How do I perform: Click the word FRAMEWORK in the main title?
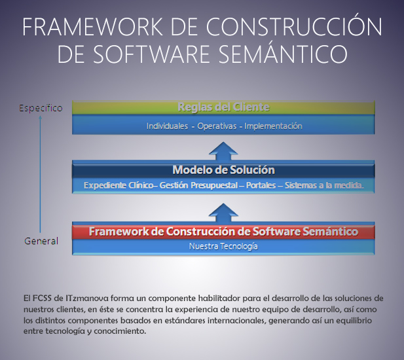coord(92,27)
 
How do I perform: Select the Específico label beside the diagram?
coord(41,108)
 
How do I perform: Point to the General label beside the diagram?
coord(41,241)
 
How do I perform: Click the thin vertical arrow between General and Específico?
coord(40,174)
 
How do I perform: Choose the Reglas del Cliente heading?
coord(223,107)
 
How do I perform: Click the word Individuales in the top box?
coord(167,126)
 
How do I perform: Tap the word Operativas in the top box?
coord(217,126)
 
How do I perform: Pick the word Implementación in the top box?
coord(273,126)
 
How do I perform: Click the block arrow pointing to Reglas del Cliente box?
coord(223,151)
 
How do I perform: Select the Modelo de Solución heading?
coord(223,170)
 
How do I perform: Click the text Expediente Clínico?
coord(119,185)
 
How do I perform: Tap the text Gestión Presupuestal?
coord(198,185)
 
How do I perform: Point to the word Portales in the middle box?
coord(261,185)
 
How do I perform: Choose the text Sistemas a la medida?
coord(324,185)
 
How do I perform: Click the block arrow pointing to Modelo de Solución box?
coord(223,213)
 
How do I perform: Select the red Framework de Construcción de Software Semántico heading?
coord(223,232)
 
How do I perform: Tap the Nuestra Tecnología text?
coord(223,246)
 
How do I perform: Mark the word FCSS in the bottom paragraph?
coord(43,298)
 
